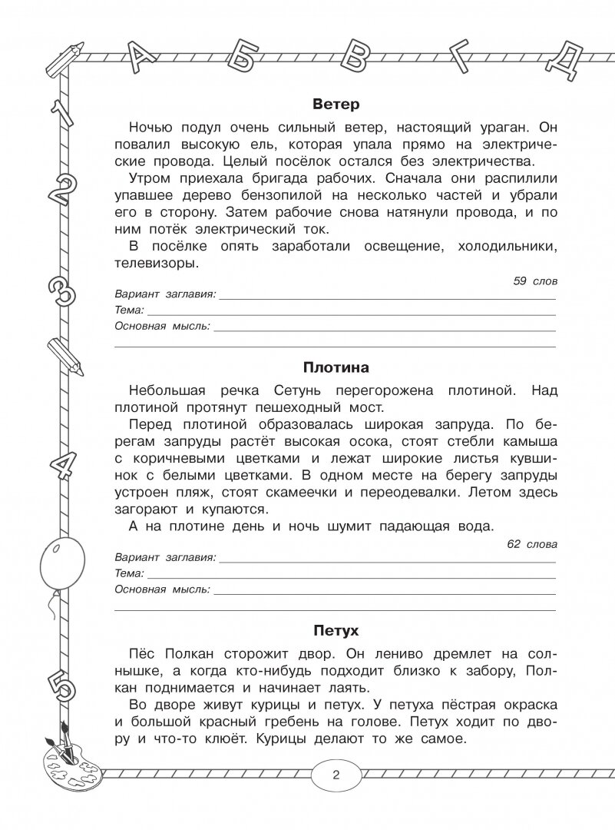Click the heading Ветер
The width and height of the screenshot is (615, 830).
click(x=336, y=105)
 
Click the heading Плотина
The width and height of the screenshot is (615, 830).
click(x=336, y=367)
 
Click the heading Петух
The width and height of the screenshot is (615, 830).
click(x=336, y=631)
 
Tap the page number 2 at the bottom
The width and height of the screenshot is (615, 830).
click(x=336, y=775)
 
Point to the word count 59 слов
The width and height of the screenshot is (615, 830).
click(x=536, y=281)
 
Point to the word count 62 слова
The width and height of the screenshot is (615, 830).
click(x=533, y=544)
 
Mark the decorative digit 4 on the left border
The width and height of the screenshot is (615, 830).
click(x=61, y=462)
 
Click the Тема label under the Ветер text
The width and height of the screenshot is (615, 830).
click(x=128, y=310)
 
